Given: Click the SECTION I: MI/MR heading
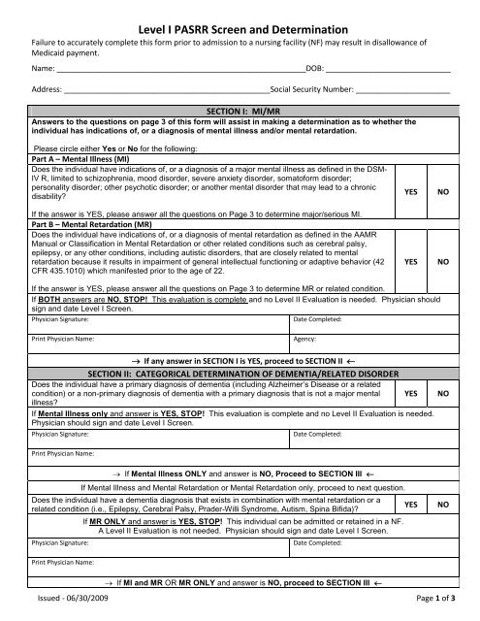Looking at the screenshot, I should point(240,112).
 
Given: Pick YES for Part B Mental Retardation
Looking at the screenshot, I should point(411,261).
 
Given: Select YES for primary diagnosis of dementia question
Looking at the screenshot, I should point(411,394).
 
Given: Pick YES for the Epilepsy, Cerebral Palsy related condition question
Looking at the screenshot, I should point(411,506).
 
